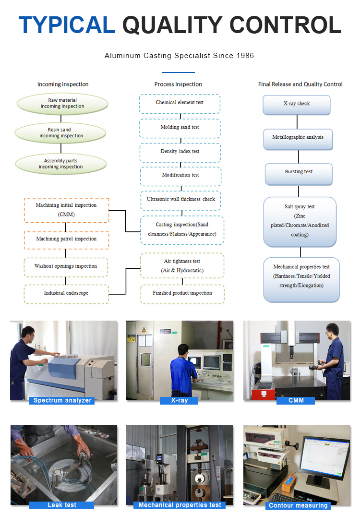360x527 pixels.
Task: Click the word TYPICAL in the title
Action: click(67, 25)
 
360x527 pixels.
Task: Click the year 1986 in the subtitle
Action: click(245, 56)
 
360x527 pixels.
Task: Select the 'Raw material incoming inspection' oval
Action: click(62, 104)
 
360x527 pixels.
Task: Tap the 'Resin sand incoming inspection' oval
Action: click(61, 133)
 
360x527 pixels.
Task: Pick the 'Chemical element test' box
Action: click(180, 103)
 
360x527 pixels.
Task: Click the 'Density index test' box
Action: click(180, 152)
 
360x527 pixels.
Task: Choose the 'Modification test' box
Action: click(180, 175)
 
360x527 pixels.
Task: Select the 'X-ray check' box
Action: click(297, 104)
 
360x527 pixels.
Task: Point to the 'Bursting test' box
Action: click(299, 172)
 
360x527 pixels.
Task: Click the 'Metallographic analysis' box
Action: click(298, 138)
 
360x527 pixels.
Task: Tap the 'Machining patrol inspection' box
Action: click(66, 239)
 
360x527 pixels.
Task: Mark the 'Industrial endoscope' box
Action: click(66, 293)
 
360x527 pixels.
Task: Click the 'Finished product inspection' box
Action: click(182, 293)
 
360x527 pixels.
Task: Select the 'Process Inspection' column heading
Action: click(178, 84)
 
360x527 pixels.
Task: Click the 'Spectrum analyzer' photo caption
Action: click(62, 400)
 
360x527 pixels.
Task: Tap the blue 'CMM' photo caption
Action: click(296, 400)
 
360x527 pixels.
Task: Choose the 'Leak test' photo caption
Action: click(62, 505)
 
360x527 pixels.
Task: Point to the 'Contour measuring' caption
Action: click(298, 505)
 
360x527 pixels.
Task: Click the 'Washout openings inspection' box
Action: click(66, 266)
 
